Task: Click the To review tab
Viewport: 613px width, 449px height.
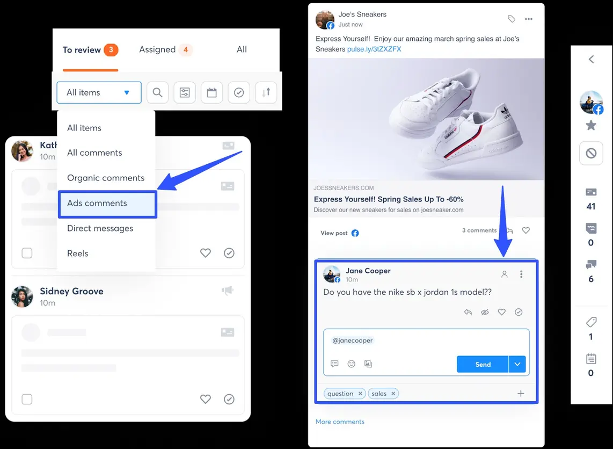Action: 82,50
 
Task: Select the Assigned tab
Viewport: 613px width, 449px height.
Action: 157,49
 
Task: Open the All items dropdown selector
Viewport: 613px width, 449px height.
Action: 99,92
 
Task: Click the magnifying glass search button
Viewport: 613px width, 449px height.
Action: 157,92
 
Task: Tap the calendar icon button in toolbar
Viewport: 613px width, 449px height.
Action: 211,92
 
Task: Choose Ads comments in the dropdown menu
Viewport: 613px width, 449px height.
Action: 97,203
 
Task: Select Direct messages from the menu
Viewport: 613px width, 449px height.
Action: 100,228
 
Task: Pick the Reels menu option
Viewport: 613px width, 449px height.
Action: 78,254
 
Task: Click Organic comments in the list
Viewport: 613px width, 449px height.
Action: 106,178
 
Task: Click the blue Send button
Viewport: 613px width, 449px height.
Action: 483,364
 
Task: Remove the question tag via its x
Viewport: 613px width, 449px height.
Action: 361,394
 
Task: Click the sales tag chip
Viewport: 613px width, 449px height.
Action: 379,394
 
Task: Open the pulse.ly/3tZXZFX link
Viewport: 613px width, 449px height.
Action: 374,49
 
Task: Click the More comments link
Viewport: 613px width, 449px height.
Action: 340,422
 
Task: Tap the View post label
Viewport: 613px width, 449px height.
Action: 334,233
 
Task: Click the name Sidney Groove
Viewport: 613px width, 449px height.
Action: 71,291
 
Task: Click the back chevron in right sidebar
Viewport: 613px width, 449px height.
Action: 591,59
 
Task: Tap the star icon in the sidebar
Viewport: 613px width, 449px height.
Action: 591,126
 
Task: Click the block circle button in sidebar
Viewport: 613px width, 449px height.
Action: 591,154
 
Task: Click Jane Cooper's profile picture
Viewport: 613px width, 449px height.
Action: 332,274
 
